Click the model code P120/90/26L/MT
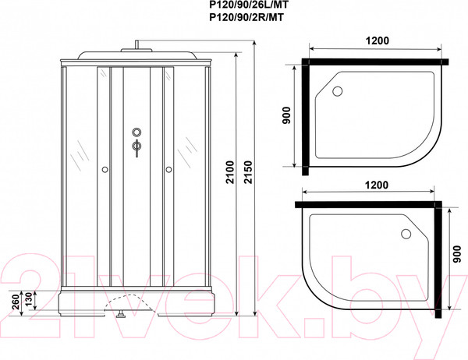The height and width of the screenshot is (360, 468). pos(249,5)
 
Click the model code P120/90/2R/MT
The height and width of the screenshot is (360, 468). pos(246,18)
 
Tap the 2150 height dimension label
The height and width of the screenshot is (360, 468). pos(249,172)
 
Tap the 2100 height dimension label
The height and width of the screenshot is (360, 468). pos(230,172)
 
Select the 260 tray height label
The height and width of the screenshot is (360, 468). pos(16,302)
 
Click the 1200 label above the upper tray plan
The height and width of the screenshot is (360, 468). pos(378,41)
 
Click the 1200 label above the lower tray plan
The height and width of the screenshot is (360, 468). pos(377,185)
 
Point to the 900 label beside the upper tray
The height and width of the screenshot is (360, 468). pos(286,115)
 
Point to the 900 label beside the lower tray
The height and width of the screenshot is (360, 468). pos(456,254)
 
